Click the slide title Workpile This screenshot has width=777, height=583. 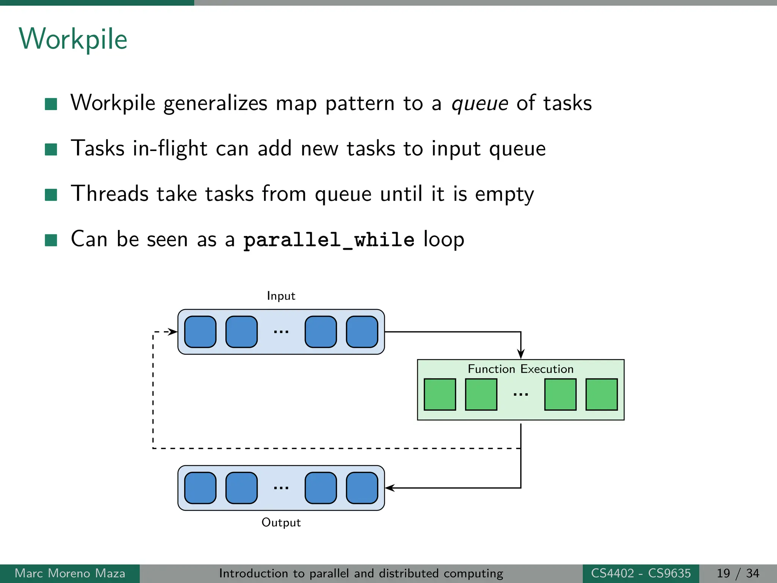pos(73,39)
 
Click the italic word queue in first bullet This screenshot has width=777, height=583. pos(480,104)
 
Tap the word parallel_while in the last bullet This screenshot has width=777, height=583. pos(329,240)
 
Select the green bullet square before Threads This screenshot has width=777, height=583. pos(51,195)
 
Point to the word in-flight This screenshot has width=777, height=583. pos(170,148)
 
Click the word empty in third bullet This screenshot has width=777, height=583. pos(504,195)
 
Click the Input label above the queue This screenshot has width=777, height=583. pos(281,296)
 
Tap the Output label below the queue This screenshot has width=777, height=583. pos(281,523)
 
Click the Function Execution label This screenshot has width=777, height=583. pos(520,369)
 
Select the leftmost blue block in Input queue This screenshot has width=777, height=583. pos(200,332)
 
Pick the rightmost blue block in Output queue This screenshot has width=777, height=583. pos(362,488)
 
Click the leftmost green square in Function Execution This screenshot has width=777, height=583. pos(440,394)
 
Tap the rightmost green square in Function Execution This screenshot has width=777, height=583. pos(601,394)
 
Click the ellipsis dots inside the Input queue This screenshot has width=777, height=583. pos(281,332)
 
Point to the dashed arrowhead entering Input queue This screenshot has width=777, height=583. pos(173,332)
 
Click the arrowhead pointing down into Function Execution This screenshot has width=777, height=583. pos(521,355)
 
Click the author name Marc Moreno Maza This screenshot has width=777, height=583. pos(70,573)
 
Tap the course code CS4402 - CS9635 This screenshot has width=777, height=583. pos(640,573)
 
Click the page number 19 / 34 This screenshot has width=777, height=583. pos(738,573)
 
